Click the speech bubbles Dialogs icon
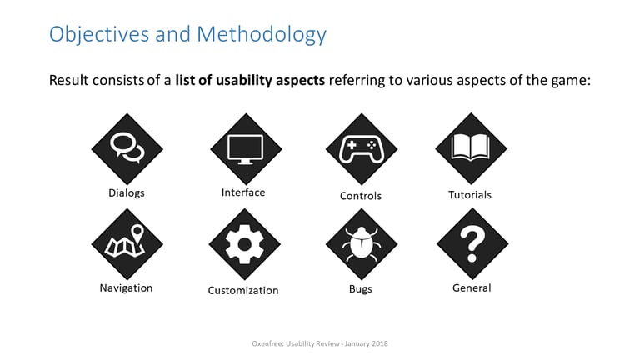tap(127, 149)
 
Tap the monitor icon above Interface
tap(246, 149)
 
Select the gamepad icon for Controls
tap(361, 149)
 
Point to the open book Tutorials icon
tap(471, 148)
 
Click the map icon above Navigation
tap(127, 244)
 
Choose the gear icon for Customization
tap(244, 244)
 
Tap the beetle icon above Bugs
tap(361, 244)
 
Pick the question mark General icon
tap(472, 243)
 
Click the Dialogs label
tap(127, 193)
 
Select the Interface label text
tap(243, 192)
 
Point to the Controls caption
tap(361, 196)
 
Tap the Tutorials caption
tap(470, 195)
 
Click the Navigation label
tap(126, 287)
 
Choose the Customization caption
tap(243, 290)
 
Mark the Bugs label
tap(361, 289)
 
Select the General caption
tap(472, 287)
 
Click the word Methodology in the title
tap(262, 34)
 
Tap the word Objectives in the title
tap(99, 34)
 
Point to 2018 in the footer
tap(380, 343)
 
